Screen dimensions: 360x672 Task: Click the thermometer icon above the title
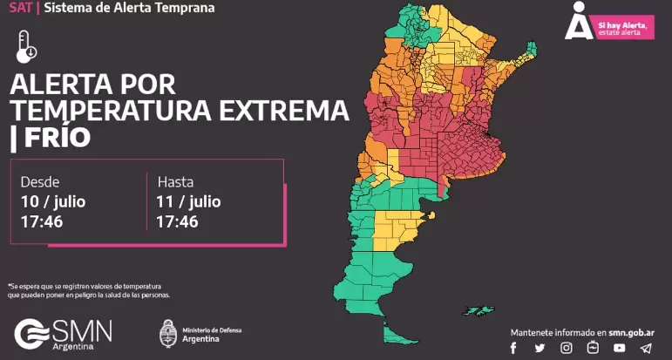pyautogui.click(x=26, y=45)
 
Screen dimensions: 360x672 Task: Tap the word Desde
pyautogui.click(x=40, y=183)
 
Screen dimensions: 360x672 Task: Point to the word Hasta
pyautogui.click(x=174, y=183)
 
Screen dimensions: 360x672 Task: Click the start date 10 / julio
pyautogui.click(x=53, y=202)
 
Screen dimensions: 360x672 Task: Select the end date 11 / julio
pyautogui.click(x=188, y=202)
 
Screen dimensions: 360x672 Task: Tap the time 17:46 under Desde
pyautogui.click(x=42, y=222)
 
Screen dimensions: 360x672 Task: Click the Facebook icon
pyautogui.click(x=513, y=348)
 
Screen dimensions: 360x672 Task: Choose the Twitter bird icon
pyautogui.click(x=540, y=348)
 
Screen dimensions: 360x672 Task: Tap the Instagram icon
pyautogui.click(x=567, y=348)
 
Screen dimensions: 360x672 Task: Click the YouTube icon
pyautogui.click(x=619, y=348)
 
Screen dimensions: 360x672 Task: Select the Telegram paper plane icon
pyautogui.click(x=645, y=348)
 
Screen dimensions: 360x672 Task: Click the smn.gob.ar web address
pyautogui.click(x=635, y=333)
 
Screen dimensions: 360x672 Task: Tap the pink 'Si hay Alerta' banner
pyautogui.click(x=621, y=29)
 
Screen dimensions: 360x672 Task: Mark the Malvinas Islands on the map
pyautogui.click(x=478, y=309)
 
